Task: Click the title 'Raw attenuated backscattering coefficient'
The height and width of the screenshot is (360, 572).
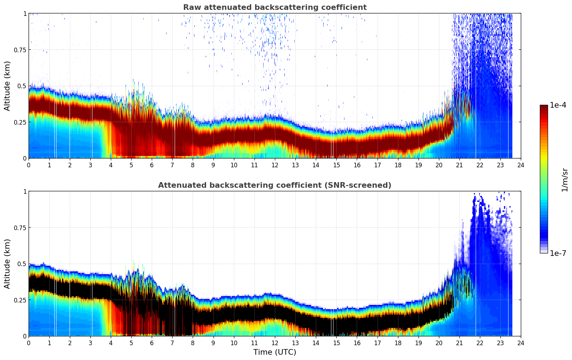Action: pos(275,7)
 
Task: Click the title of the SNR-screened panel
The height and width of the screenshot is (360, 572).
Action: pos(275,185)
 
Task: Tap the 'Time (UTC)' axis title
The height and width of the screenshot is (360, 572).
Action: pos(275,352)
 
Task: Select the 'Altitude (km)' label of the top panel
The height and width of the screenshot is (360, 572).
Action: pos(7,86)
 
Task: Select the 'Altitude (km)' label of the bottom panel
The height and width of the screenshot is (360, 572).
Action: pos(7,264)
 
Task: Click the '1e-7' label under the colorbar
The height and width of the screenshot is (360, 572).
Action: pos(558,253)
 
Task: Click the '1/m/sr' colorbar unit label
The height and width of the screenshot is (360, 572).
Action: pos(565,180)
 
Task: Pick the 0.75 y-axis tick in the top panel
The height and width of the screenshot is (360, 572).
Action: pos(20,50)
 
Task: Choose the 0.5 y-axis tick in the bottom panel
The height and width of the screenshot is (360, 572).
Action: pos(22,264)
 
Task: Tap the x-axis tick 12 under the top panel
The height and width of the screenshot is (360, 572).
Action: pos(275,165)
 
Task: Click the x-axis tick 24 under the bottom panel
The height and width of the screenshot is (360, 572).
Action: pos(520,343)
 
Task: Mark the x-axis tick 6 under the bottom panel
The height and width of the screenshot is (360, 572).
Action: pos(152,343)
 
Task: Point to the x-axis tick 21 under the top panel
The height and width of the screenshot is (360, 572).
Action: pos(459,165)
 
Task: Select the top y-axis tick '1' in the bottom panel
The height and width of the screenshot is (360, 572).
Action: pos(25,192)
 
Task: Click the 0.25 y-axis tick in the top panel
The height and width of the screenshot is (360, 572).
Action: pos(20,122)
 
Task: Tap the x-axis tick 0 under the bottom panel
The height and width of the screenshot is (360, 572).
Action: pos(29,343)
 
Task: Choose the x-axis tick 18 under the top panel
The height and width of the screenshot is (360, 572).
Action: pos(398,165)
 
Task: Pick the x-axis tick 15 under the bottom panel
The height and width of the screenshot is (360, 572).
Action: pos(336,343)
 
